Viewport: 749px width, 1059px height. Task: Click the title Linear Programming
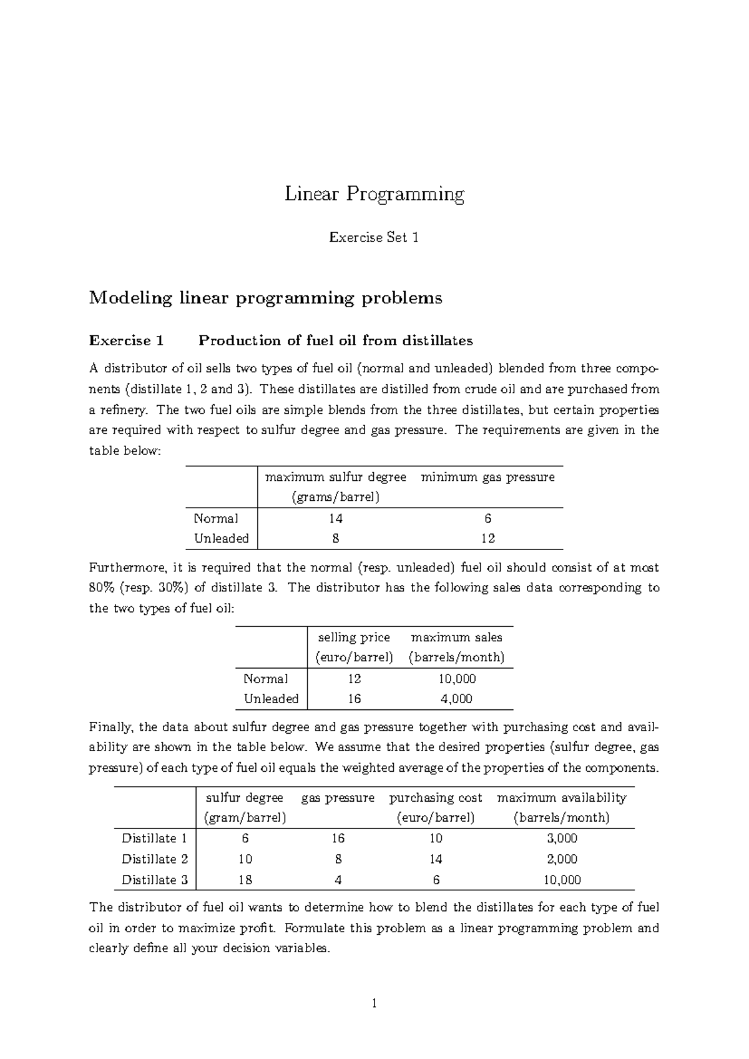pyautogui.click(x=374, y=195)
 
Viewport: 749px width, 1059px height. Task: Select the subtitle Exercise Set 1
pyautogui.click(x=374, y=237)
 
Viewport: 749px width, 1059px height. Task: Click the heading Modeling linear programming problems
pyautogui.click(x=266, y=298)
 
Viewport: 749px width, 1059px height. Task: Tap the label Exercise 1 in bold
pyautogui.click(x=126, y=341)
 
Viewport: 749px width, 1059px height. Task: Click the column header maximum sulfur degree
pyautogui.click(x=336, y=478)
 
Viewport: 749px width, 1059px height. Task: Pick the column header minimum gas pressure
pyautogui.click(x=487, y=478)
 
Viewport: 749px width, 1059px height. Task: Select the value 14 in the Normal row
pyautogui.click(x=336, y=519)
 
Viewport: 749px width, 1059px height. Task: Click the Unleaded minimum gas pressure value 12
pyautogui.click(x=487, y=539)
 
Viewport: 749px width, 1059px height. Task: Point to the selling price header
pyautogui.click(x=354, y=638)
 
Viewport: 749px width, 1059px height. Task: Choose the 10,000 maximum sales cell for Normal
pyautogui.click(x=456, y=679)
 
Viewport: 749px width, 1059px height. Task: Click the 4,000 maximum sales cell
pyautogui.click(x=456, y=699)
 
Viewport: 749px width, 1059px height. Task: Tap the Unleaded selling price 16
pyautogui.click(x=354, y=699)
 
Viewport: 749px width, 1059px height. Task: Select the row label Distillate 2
pyautogui.click(x=154, y=859)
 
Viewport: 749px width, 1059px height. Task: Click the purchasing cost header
pyautogui.click(x=436, y=798)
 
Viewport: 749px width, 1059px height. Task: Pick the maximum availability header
pyautogui.click(x=561, y=798)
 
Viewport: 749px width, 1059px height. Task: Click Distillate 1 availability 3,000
pyautogui.click(x=562, y=839)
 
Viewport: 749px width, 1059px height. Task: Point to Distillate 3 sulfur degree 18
pyautogui.click(x=245, y=880)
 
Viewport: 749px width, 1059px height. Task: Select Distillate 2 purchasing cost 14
pyautogui.click(x=436, y=859)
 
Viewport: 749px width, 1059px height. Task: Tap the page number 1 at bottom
pyautogui.click(x=374, y=1004)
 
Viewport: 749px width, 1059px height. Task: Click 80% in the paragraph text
pyautogui.click(x=102, y=588)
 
